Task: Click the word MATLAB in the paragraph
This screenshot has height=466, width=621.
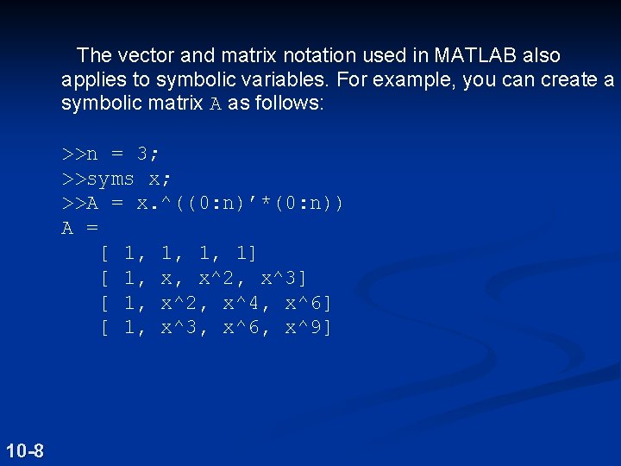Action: click(474, 56)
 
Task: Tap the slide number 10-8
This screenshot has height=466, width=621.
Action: click(25, 450)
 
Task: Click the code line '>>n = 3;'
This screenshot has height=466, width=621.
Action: click(110, 154)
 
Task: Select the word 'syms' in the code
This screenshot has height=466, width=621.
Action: click(110, 179)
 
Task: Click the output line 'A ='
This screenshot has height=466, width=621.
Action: click(79, 229)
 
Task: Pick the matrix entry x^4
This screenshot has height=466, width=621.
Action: click(245, 303)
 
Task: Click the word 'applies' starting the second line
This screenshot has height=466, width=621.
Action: click(90, 80)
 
